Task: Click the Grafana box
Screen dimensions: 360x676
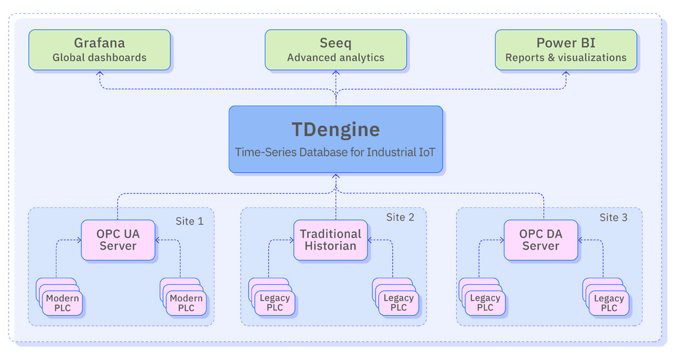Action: click(100, 50)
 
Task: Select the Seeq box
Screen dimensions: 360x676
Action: click(335, 50)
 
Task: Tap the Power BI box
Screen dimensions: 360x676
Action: click(566, 50)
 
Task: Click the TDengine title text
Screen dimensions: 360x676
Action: click(335, 128)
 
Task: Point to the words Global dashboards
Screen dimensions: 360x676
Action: click(100, 57)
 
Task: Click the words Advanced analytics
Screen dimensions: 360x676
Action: click(335, 57)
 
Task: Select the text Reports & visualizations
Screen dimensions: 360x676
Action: click(566, 57)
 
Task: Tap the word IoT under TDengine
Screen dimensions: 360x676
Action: click(425, 152)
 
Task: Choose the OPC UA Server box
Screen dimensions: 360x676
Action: click(118, 240)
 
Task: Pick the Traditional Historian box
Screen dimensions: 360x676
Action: click(330, 240)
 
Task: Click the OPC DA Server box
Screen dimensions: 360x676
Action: click(541, 240)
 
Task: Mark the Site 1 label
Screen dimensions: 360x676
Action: click(189, 221)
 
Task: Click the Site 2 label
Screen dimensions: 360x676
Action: click(400, 217)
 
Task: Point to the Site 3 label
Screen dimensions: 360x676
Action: click(613, 217)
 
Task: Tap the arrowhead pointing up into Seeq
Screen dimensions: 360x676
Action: click(335, 74)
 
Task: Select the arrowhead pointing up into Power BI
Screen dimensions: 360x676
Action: click(566, 74)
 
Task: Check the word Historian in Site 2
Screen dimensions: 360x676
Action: click(330, 246)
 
